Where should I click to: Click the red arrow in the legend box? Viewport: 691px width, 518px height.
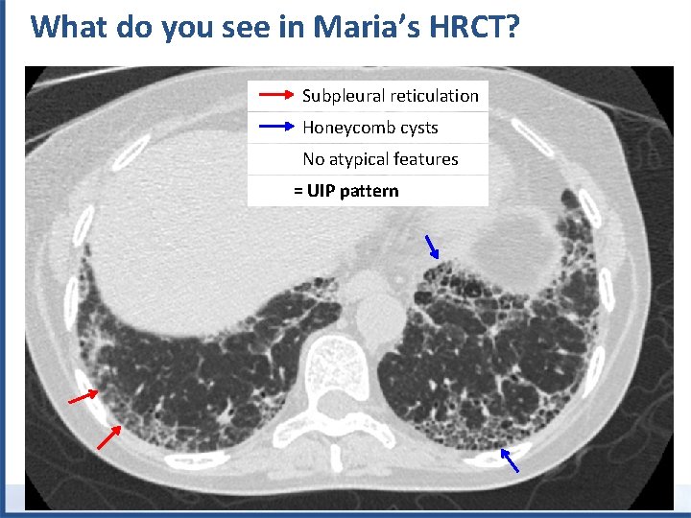click(274, 95)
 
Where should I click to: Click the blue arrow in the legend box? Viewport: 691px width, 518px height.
click(274, 127)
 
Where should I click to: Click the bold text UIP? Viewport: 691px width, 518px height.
click(322, 191)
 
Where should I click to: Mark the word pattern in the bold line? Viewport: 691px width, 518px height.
click(369, 191)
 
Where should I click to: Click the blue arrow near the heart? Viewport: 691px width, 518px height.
click(432, 247)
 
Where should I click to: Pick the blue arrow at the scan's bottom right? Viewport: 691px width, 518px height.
click(511, 461)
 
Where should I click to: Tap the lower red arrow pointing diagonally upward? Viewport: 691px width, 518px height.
click(108, 436)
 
